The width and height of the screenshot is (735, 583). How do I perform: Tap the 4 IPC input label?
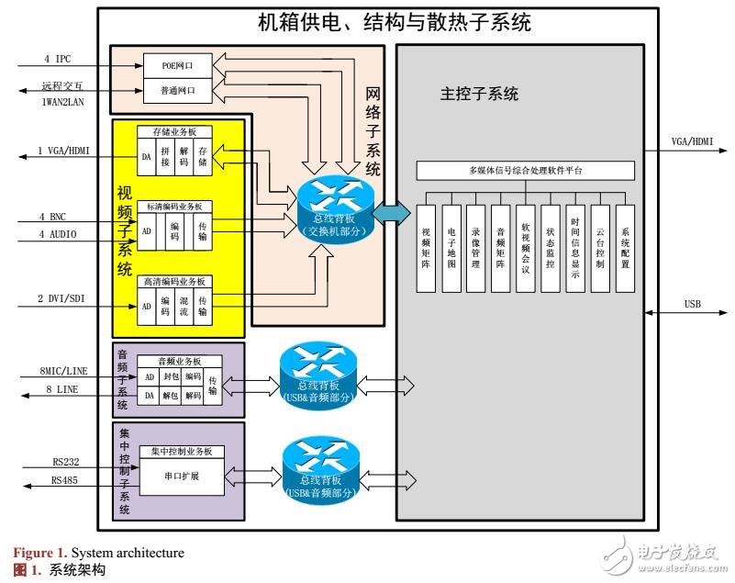pos(57,60)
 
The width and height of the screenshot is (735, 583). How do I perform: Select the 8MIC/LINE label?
pos(63,370)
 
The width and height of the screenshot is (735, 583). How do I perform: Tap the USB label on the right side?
pos(694,304)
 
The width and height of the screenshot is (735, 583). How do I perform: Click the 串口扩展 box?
pos(179,476)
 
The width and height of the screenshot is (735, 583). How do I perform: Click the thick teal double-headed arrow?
pos(390,212)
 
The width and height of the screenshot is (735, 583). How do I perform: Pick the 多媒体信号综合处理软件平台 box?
pos(525,171)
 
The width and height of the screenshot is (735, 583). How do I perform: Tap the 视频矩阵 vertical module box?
pos(426,243)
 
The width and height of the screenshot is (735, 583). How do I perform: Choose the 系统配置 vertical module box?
pos(625,243)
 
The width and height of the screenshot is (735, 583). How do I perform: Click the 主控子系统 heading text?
pos(479,94)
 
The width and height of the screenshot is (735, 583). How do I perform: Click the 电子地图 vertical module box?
pos(451,243)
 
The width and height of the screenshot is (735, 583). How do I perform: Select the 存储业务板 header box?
pos(174,131)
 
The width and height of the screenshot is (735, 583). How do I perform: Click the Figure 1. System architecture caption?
pos(98,553)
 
